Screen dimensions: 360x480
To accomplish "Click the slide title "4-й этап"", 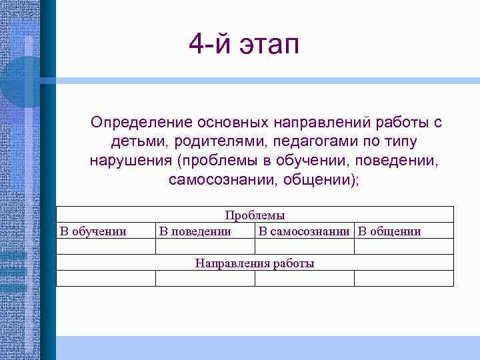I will coord(244,45).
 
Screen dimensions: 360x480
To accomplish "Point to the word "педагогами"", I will coord(303,143).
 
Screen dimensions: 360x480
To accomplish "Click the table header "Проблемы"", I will coord(255,215).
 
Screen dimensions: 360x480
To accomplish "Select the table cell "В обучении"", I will coord(93,231).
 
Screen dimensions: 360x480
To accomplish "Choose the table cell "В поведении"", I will coord(195,231).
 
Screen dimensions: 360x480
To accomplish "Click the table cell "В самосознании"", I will coord(304,231).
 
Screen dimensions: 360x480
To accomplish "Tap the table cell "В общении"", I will coord(389,231).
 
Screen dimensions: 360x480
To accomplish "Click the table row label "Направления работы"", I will coord(255,263).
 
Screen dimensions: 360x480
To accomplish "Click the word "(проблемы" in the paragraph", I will coord(213,162).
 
